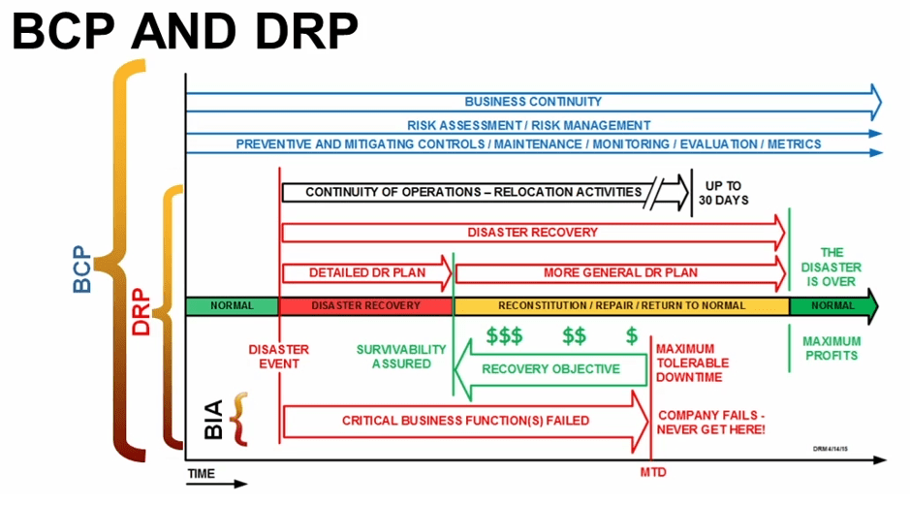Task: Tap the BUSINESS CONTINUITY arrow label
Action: (x=533, y=102)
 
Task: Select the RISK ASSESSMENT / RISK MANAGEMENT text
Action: (x=528, y=125)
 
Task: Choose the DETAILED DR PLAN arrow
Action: (x=365, y=272)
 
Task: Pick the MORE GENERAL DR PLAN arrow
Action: (x=620, y=272)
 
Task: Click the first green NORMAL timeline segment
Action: (x=231, y=305)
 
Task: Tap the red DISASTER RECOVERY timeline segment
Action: (x=365, y=305)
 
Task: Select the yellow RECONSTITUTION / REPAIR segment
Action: (x=620, y=305)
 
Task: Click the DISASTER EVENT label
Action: (x=279, y=357)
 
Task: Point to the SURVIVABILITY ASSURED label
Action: (x=400, y=357)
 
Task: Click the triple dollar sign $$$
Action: (x=504, y=337)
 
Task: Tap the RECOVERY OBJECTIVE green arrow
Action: (x=549, y=369)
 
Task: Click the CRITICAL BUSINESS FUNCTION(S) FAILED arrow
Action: (x=465, y=421)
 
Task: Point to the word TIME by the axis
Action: (x=202, y=474)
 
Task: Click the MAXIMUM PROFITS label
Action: (x=832, y=349)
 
